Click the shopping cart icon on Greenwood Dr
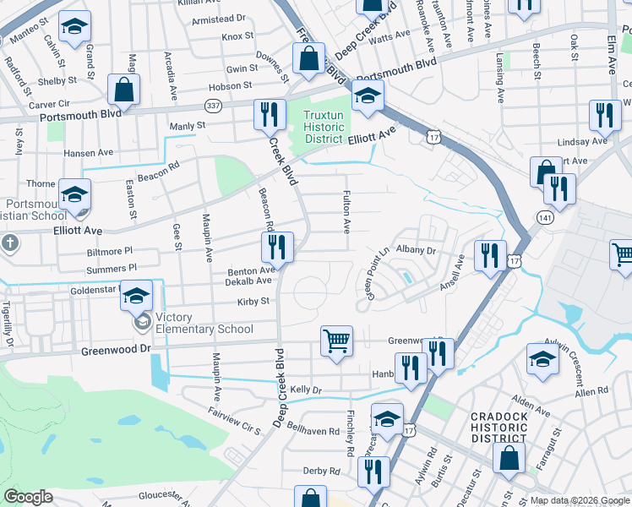tap(336, 341)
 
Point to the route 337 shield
tap(213, 105)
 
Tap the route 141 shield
tap(539, 218)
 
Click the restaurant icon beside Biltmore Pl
tap(277, 247)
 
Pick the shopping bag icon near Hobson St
tap(124, 90)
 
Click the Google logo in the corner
tap(29, 497)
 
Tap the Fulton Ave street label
tap(346, 211)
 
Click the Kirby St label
tap(253, 301)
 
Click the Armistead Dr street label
tap(218, 18)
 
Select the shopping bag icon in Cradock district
tap(509, 459)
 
